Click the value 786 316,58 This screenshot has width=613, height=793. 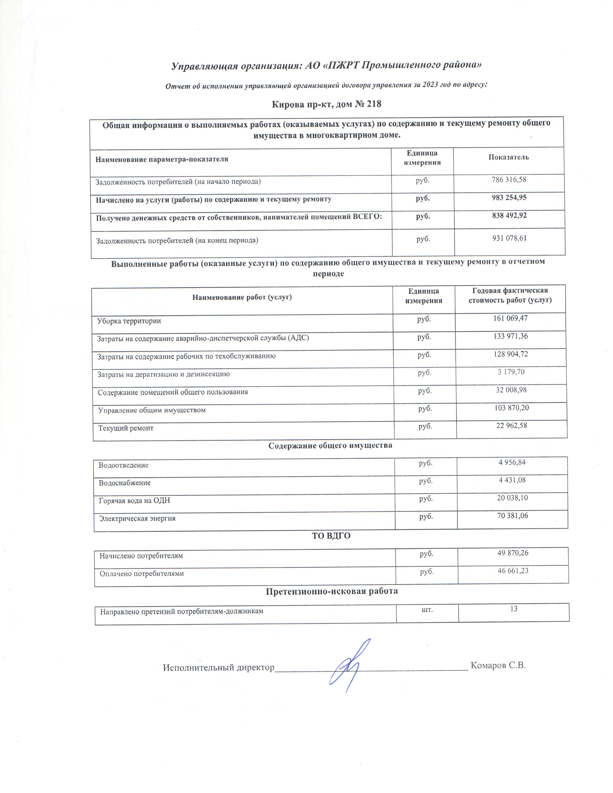pos(509,180)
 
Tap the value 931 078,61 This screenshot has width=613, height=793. pos(509,238)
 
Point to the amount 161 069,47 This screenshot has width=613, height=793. pos(510,318)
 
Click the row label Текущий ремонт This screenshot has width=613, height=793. pos(126,428)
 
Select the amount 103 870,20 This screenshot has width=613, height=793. pos(511,408)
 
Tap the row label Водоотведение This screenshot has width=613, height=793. pos(124,465)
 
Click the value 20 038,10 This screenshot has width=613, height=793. pos(512,498)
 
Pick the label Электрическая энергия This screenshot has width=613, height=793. pos(137,519)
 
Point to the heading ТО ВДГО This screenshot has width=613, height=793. pos(331,536)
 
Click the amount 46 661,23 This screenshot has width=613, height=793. pos(513,571)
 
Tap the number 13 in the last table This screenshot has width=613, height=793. pos(513,609)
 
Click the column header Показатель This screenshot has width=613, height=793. pos(508,157)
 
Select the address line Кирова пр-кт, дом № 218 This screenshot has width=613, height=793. pos(326,104)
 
